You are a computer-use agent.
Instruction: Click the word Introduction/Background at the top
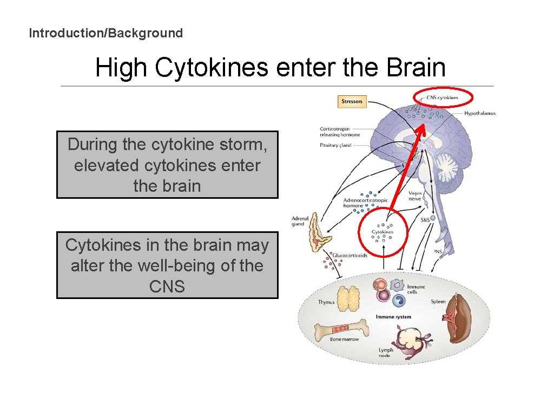tap(105, 33)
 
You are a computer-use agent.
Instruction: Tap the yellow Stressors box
tap(352, 101)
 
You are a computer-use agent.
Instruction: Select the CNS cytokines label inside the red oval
tap(442, 98)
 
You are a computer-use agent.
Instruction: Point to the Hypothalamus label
tap(479, 113)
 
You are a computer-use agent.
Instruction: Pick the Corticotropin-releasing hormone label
tap(340, 132)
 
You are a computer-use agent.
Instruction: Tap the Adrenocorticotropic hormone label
tap(365, 203)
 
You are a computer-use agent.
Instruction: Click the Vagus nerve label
tap(415, 196)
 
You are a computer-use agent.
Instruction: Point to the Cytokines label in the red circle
tap(382, 232)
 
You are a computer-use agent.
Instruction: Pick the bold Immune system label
tap(393, 317)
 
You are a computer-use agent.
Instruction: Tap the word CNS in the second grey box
tap(167, 286)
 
